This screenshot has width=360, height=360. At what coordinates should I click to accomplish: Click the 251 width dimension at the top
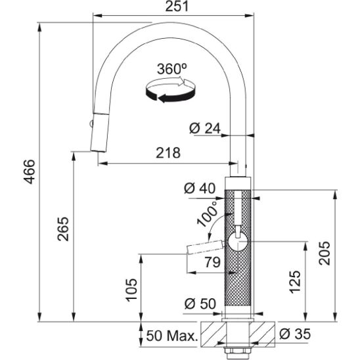(177, 7)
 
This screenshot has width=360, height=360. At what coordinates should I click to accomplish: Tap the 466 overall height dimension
(30, 171)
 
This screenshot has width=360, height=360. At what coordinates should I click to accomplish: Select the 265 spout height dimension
(63, 229)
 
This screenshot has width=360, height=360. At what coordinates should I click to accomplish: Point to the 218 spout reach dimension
(168, 152)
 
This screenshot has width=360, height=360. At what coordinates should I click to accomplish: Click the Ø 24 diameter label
(205, 128)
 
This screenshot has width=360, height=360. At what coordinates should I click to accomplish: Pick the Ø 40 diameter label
(200, 189)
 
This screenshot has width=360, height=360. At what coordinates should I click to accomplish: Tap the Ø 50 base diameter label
(200, 304)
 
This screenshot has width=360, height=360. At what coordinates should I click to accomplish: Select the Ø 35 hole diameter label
(295, 334)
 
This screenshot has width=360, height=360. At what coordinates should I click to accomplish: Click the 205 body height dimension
(324, 253)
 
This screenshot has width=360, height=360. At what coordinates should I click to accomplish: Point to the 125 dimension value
(295, 282)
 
